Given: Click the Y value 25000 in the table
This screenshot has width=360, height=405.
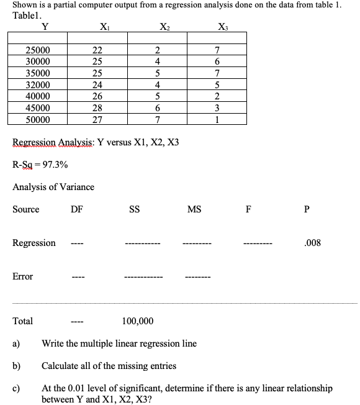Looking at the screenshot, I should click(x=38, y=50).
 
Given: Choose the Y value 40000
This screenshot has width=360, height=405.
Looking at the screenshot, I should click(x=38, y=96).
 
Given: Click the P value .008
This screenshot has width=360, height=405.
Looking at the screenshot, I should click(x=313, y=243).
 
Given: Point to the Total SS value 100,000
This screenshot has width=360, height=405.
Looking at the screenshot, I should click(x=138, y=321).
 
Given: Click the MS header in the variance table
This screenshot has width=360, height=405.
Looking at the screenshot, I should click(x=194, y=209).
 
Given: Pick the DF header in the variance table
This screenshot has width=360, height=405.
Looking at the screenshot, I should click(x=77, y=209).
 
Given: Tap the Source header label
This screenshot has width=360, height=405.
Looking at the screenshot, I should click(x=26, y=209).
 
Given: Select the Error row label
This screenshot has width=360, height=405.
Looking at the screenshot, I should click(x=23, y=276).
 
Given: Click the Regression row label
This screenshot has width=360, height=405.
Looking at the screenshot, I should click(x=34, y=243).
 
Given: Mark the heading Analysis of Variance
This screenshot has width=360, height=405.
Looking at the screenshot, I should click(x=53, y=187).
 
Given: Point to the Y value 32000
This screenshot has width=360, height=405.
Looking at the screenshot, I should click(x=38, y=85).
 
